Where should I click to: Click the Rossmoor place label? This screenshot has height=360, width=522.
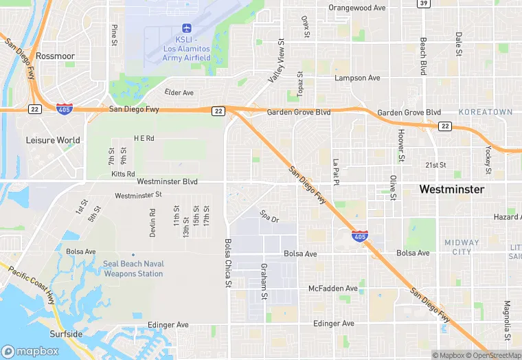point(54,56)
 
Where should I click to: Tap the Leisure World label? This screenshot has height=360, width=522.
point(53,140)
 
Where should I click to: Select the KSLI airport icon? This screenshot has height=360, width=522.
point(186,28)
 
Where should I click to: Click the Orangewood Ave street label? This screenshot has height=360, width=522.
point(357,8)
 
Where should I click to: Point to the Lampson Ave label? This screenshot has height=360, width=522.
point(356,78)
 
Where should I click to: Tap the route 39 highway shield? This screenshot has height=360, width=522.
point(424,4)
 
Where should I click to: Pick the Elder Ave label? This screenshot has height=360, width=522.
point(179,93)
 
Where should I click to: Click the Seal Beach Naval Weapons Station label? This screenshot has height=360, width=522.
point(133,269)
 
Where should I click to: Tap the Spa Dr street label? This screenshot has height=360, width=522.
point(269,216)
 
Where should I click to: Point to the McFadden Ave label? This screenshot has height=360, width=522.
point(333,289)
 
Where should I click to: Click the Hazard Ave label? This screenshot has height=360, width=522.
point(507,217)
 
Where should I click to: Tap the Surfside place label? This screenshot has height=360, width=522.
point(66,335)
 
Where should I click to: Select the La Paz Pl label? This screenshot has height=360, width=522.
point(336,172)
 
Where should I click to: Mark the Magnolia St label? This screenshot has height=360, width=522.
point(507,315)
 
